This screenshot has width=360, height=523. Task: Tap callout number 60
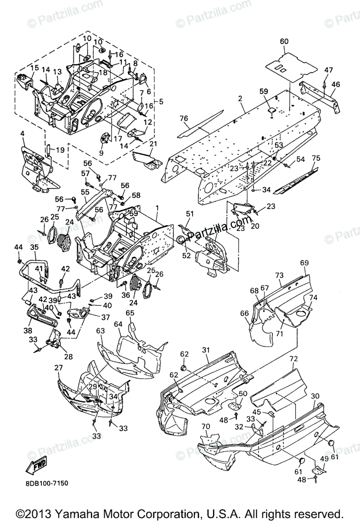click(284, 41)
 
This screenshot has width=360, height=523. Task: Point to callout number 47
click(328, 70)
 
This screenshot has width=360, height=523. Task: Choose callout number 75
click(316, 158)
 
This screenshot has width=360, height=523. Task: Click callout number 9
click(101, 153)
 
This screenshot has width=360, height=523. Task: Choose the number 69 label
click(304, 263)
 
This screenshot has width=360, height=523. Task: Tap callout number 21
click(153, 144)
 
